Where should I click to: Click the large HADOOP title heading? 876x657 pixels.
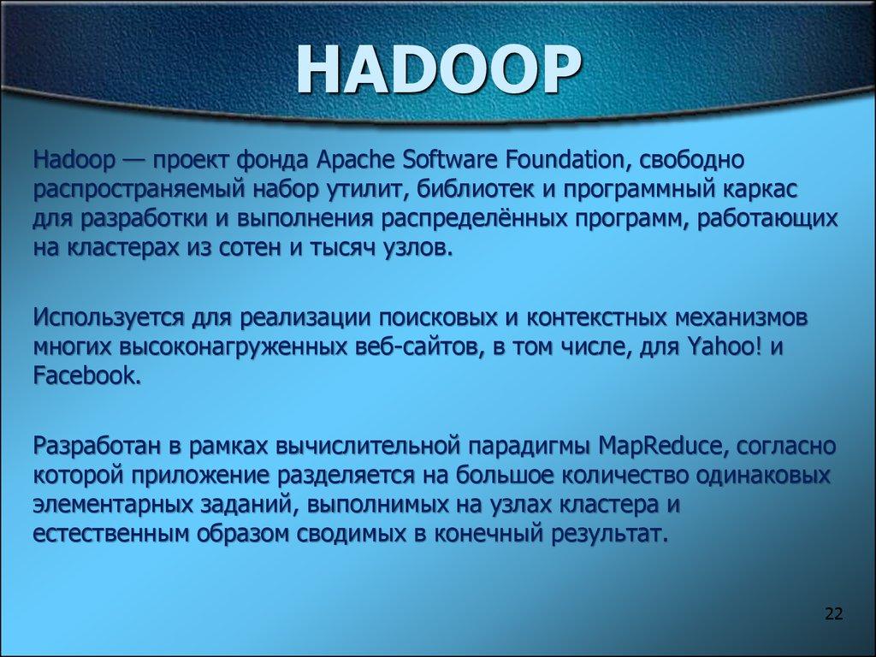[437, 73]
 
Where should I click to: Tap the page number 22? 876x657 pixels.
[833, 613]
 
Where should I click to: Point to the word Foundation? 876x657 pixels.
[567, 159]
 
